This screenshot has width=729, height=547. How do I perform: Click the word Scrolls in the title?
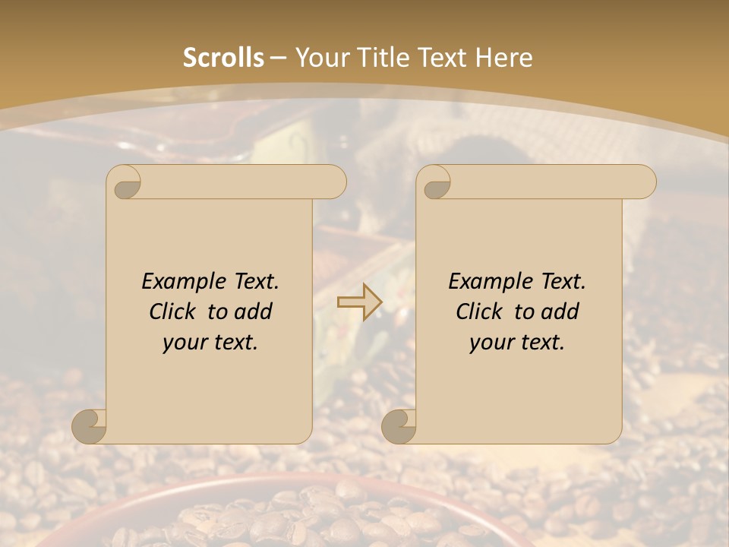coord(223,58)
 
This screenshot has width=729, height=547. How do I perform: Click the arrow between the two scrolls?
coord(359,302)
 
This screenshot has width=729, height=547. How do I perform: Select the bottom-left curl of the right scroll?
coord(399,426)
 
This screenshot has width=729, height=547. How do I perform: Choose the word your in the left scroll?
coord(182,343)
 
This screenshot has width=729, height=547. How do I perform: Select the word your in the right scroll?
coord(489,343)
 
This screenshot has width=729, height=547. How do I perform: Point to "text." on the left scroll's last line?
coord(233,343)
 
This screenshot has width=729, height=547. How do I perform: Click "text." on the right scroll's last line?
coord(540,343)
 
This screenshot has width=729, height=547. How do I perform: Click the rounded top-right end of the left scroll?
coord(334,182)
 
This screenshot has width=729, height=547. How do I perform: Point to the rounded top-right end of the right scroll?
coord(644,182)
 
